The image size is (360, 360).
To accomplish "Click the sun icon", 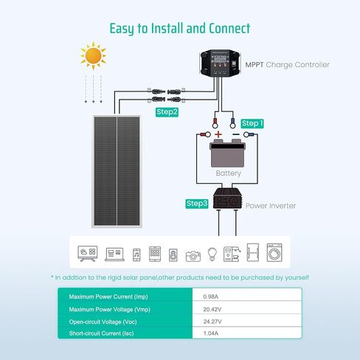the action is pyautogui.click(x=93, y=56).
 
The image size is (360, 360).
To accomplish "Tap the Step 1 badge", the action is pyautogui.click(x=252, y=123).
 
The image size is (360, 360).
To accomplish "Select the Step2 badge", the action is pyautogui.click(x=167, y=112).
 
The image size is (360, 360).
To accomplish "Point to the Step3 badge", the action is pyautogui.click(x=197, y=204).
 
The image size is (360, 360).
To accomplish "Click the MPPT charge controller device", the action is pyautogui.click(x=220, y=63).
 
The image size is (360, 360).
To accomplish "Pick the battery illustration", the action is pyautogui.click(x=227, y=153).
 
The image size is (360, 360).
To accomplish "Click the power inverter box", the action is pyautogui.click(x=227, y=198).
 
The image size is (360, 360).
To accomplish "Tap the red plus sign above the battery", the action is pyautogui.click(x=218, y=134).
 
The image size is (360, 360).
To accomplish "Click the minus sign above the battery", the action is pyautogui.click(x=236, y=134).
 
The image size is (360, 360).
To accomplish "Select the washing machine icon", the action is pyautogui.click(x=274, y=252).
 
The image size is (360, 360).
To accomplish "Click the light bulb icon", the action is pyautogui.click(x=212, y=254).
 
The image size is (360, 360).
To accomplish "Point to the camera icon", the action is pyautogui.click(x=193, y=256).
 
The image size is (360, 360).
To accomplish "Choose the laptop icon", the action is pyautogui.click(x=114, y=255).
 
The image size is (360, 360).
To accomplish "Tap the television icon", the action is pyautogui.click(x=88, y=253).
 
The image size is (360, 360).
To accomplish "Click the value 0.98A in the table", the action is pyautogui.click(x=211, y=297).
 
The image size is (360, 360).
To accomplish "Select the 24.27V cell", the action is pyautogui.click(x=212, y=322).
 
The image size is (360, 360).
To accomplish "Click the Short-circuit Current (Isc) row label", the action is pyautogui.click(x=101, y=333).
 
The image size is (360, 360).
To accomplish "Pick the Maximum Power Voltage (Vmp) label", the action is pyautogui.click(x=110, y=309).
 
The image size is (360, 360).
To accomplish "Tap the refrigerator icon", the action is pyautogui.click(x=253, y=252).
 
